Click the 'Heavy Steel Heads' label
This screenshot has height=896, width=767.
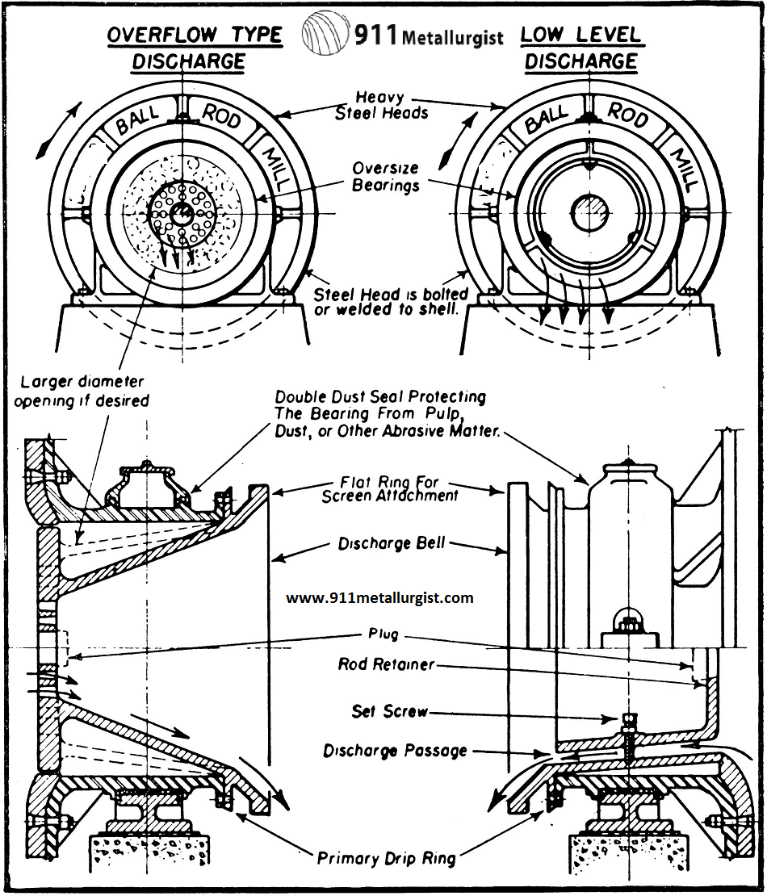point(381,105)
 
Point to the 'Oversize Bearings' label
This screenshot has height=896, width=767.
point(386,177)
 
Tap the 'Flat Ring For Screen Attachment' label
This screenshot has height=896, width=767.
point(390,489)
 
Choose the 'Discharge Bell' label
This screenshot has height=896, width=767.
point(392,543)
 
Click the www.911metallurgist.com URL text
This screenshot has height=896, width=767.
point(379,598)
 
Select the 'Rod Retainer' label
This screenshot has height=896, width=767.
point(386,665)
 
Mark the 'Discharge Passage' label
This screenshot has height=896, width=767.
point(395,751)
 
